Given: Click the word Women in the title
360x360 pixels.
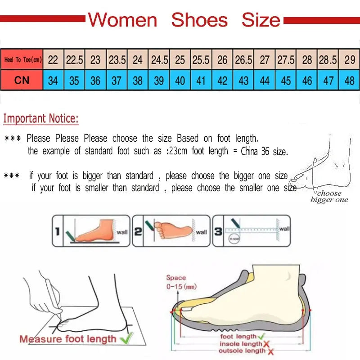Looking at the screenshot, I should pos(122,20).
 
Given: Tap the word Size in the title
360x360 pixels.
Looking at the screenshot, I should pos(261,20).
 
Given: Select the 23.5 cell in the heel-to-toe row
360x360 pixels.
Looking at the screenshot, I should pos(117,60).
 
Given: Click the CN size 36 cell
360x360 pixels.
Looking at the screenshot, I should pos(95,81).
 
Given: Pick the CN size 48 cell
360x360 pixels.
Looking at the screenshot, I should pos(349,81).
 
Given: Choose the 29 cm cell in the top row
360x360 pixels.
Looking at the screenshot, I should pos(349,60).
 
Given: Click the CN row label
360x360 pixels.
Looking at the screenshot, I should pos(22,81).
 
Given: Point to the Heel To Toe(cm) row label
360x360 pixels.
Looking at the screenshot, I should pos(22,60).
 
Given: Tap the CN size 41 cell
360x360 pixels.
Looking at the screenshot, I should pos(201,81).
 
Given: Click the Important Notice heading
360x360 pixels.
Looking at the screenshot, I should pos(41,119).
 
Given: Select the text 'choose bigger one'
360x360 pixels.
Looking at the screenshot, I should pos(329,197).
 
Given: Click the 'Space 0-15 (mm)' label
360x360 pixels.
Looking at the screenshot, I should pos(180,282).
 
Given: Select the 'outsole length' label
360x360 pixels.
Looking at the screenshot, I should pos(242,351).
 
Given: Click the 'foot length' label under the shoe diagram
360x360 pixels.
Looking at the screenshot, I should pos(238,336).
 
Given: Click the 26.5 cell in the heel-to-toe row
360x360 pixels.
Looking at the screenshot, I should pos(243,60).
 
